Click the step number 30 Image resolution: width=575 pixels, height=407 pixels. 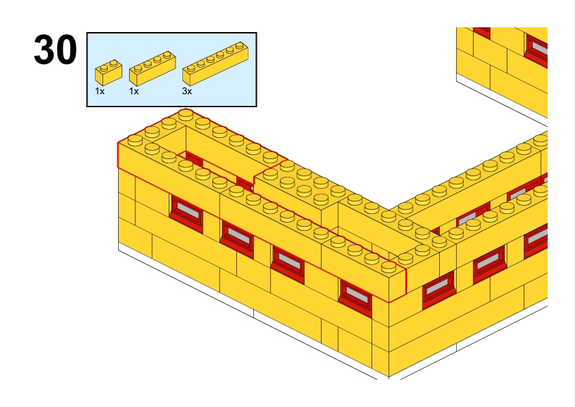55,49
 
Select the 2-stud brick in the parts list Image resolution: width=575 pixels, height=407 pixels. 109,72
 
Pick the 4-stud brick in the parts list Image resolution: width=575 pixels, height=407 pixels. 152,68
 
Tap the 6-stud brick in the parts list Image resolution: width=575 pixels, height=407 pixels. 216,64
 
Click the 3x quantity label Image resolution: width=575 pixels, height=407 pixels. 187,92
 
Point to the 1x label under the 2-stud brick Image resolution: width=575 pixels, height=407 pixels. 100,92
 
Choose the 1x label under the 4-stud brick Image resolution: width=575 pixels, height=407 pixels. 134,92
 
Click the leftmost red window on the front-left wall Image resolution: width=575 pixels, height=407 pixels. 186,214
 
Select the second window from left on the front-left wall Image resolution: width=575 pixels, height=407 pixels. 237,239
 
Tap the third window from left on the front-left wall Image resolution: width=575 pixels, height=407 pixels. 288,265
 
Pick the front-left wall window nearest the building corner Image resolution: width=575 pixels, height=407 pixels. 355,298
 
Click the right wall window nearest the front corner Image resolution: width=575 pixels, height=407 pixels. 438,290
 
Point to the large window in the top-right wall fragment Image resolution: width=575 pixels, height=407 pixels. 537,51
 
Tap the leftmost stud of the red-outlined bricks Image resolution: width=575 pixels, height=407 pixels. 135,139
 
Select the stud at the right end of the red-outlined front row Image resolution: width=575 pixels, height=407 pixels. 389,266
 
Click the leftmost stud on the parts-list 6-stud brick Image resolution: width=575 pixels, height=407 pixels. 191,68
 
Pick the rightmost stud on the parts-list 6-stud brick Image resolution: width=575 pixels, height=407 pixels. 240,46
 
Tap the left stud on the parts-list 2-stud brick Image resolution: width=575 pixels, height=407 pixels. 104,68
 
